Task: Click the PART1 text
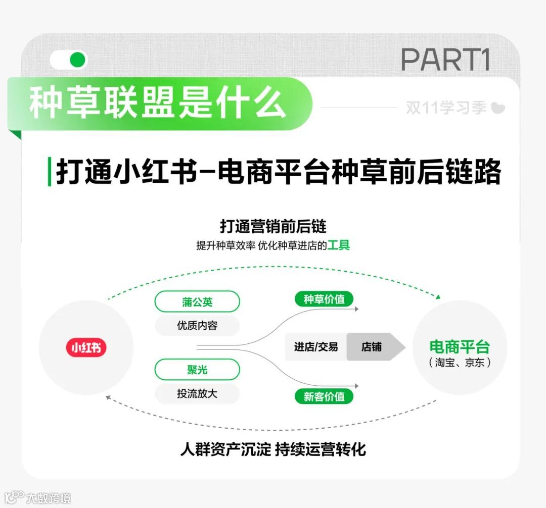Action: [x=445, y=60]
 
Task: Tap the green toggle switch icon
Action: [x=69, y=60]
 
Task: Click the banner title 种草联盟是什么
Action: [x=157, y=104]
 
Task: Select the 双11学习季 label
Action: [x=446, y=108]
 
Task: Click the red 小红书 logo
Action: [x=86, y=347]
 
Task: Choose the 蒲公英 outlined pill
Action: [x=197, y=302]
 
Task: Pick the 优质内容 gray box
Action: [x=197, y=326]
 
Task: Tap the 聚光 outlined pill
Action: [x=197, y=370]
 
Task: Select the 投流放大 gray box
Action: [x=197, y=393]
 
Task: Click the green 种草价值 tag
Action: [x=324, y=299]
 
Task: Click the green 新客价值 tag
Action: [x=324, y=396]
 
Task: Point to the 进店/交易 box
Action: [x=316, y=347]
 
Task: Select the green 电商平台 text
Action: [x=460, y=347]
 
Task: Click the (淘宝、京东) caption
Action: [x=460, y=363]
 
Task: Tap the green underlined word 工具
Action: [x=338, y=246]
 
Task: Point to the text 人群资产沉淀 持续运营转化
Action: [x=273, y=449]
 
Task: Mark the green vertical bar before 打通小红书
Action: [x=49, y=172]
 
